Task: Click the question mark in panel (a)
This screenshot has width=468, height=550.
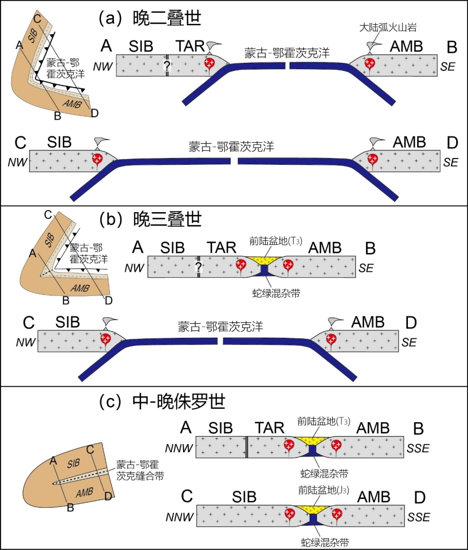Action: coord(167,66)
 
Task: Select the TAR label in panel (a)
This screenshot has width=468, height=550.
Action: coord(190,47)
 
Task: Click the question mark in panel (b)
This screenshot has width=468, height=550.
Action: coord(199,267)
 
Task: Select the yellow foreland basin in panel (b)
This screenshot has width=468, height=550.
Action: coord(265,260)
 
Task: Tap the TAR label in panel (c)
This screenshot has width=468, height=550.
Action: coord(269,428)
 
